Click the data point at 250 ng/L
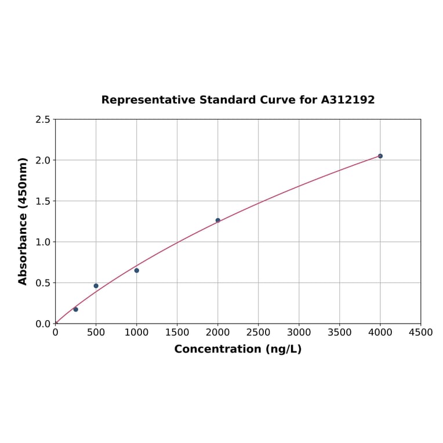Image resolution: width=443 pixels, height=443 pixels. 76,310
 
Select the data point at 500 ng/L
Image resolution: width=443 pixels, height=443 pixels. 96,286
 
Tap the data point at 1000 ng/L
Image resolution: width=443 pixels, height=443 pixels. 137,270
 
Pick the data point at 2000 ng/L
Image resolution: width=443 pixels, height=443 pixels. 218,220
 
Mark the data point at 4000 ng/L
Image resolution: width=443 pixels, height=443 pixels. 380,156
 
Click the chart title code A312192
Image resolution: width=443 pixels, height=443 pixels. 348,100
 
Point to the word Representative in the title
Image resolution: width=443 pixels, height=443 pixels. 148,100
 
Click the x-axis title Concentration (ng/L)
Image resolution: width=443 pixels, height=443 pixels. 238,349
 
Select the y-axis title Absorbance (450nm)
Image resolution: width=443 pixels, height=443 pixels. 23,221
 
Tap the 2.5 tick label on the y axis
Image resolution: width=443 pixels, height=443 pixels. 43,119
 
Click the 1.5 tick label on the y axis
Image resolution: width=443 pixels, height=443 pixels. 43,201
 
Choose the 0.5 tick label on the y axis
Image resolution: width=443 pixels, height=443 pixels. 43,283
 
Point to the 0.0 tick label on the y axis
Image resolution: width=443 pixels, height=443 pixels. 43,324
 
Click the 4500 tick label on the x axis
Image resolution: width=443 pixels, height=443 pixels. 420,332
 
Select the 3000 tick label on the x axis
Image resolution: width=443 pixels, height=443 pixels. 299,332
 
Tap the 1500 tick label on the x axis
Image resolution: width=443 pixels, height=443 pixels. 177,332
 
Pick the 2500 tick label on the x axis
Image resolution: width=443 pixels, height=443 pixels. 258,332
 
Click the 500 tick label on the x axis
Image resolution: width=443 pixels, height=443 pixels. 96,332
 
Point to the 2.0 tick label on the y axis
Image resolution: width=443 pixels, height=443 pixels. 43,160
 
